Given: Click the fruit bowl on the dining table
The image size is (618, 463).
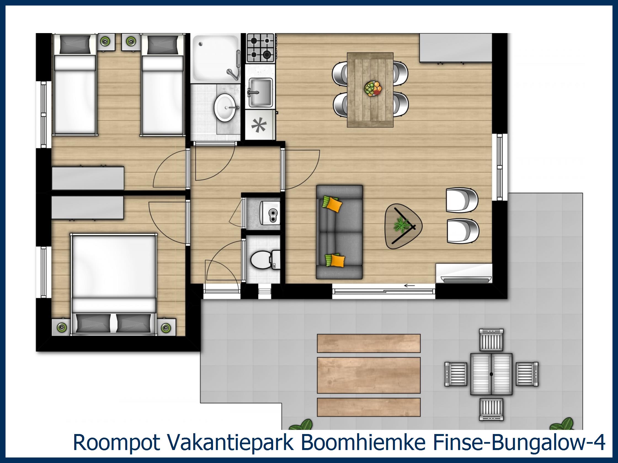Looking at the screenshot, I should click(x=373, y=89).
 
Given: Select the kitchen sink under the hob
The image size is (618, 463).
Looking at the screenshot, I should click(x=260, y=92).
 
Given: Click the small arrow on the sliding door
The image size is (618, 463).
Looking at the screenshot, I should click(x=410, y=285).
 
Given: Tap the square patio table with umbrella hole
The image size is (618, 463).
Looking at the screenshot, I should click(x=491, y=374).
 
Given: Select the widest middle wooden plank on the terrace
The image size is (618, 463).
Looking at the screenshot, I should click(x=369, y=375).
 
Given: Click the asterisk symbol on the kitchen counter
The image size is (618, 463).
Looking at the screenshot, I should click(x=259, y=125).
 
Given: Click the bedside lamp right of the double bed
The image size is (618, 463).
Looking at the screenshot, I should click(x=167, y=327).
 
